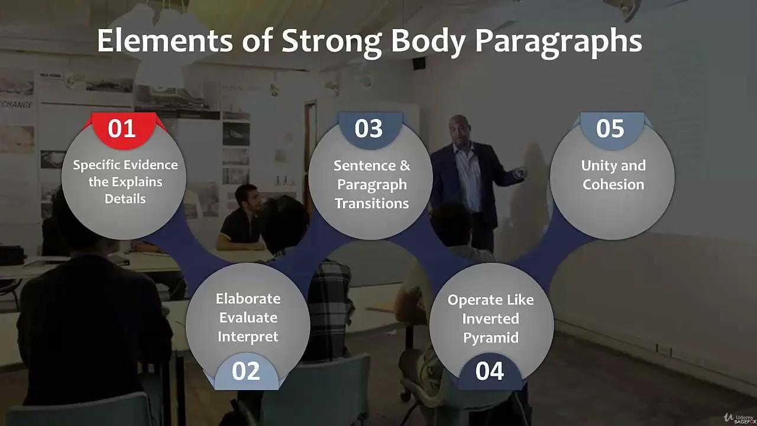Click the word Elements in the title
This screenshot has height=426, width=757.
pos(165,40)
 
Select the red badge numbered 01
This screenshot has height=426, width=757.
pos(124,130)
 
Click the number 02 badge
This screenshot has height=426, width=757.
pos(246,371)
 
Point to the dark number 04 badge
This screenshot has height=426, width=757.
pos(490,371)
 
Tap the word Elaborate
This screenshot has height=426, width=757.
pos(248,299)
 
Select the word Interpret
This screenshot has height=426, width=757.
pos(248,337)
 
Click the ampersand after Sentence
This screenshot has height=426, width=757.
pos(405,166)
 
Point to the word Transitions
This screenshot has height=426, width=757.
pos(372,204)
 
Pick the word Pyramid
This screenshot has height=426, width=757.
pos(491,338)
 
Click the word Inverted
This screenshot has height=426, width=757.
pos(491,319)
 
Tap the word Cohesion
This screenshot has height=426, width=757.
pos(613,185)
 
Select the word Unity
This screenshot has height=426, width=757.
pos(597,166)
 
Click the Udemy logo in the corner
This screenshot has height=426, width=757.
pos(739,418)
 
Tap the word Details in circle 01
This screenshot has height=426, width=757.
pos(125,199)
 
